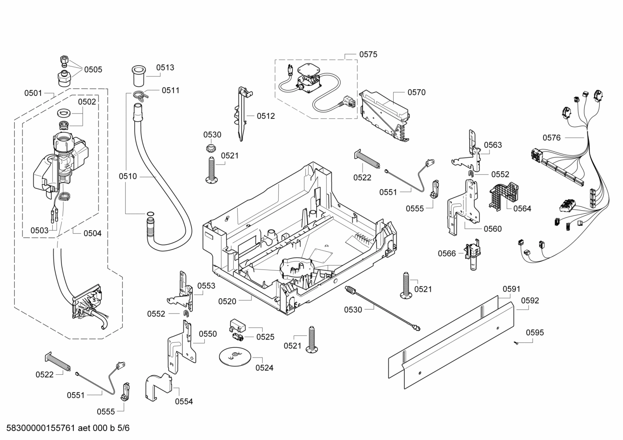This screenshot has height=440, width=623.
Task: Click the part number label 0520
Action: [227, 301]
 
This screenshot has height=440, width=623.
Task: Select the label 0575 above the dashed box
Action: [368, 54]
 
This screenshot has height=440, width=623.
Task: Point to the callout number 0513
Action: [165, 67]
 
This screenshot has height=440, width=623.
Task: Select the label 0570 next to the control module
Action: [416, 92]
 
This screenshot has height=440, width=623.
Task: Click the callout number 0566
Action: [447, 253]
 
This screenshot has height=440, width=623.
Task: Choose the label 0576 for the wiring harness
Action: [551, 138]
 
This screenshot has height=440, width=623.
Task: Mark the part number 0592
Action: [530, 301]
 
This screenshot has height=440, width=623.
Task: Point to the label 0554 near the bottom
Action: [184, 402]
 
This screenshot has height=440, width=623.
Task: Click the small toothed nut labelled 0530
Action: [211, 149]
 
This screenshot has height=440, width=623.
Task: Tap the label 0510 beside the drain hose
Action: [128, 176]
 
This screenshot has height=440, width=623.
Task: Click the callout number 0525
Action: [265, 337]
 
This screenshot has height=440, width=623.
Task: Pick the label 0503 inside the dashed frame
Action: [39, 231]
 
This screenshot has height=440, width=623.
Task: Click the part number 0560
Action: [493, 229]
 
